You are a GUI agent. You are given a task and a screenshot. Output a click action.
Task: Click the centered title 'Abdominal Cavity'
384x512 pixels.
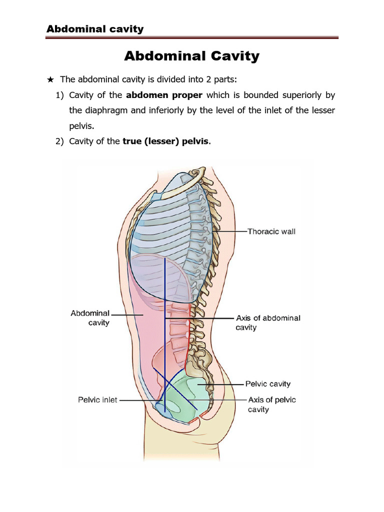coord(191,56)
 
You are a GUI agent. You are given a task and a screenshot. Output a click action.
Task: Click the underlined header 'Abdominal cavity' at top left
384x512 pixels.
coord(95,28)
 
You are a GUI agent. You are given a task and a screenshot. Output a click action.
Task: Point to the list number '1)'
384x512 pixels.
coord(59,95)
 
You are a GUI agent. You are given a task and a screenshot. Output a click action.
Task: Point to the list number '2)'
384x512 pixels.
coord(59,141)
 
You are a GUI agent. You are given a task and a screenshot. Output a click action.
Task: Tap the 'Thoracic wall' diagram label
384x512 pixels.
coord(271,231)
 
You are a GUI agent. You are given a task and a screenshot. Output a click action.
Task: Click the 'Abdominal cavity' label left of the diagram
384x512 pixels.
coord(90,318)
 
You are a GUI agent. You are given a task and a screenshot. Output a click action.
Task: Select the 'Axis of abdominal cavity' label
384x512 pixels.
coord(267,322)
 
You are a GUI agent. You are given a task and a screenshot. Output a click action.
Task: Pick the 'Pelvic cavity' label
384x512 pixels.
coord(267,384)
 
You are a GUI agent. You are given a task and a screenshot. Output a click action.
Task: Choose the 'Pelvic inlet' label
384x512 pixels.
coord(97,400)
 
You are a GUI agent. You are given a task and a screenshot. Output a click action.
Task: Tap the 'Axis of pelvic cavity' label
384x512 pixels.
coord(272,404)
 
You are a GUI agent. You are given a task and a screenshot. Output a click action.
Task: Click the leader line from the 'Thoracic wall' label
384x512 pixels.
coord(230,231)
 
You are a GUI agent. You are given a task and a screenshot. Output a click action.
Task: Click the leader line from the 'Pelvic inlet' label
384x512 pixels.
coord(137,400)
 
